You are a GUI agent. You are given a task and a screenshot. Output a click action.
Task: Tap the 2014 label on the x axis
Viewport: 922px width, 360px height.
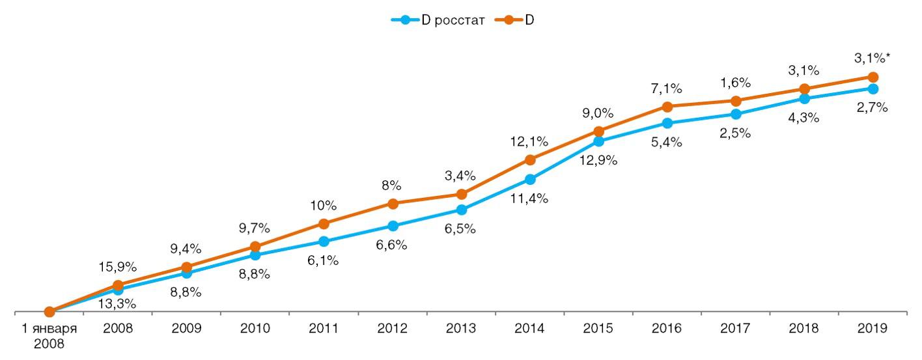coord(529,329)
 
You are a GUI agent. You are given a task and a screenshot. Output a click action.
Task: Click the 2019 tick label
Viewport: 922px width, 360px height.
coord(873,329)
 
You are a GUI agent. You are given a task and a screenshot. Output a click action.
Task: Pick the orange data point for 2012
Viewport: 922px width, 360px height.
coord(393,204)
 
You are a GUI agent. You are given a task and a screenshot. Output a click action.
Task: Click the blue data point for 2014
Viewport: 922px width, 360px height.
coord(530,179)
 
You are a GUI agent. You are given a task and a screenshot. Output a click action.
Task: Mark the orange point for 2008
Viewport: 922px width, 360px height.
coord(118,285)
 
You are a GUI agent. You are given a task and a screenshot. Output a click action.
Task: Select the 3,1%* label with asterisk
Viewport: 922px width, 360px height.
coord(873,59)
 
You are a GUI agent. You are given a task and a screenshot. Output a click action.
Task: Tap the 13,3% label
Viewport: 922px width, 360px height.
coord(118,303)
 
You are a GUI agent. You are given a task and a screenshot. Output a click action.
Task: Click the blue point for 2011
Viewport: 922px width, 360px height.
coord(324,242)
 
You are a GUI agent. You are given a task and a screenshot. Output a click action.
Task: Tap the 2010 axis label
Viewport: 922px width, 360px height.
coord(255,329)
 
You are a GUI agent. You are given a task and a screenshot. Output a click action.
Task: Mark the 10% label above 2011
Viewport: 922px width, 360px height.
coord(324,205)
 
